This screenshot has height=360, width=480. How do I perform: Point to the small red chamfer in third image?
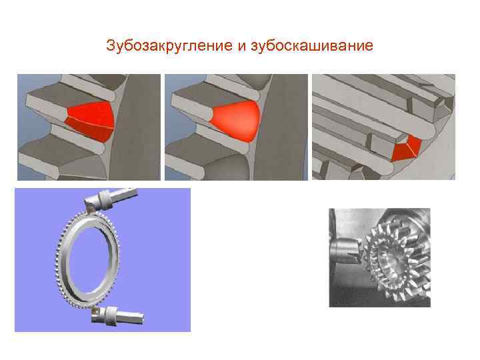(407, 147)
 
